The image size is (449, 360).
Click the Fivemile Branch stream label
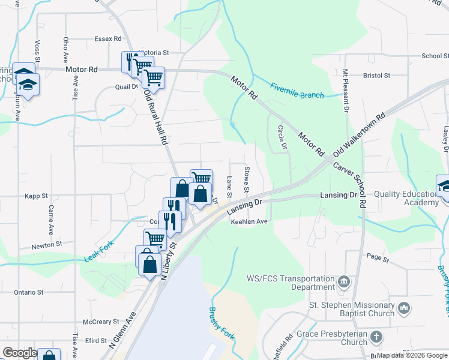pyautogui.click(x=297, y=90)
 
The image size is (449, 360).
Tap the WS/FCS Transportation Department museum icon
pyautogui.click(x=344, y=281)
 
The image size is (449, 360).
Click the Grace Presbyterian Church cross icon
pyautogui.click(x=376, y=337)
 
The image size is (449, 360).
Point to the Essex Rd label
pyautogui.click(x=108, y=38)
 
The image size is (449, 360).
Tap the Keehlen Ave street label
pyautogui.click(x=249, y=221)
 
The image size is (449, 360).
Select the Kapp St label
pyautogui.click(x=36, y=196)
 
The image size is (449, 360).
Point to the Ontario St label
pyautogui.click(x=29, y=292)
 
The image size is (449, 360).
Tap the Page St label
pyautogui.click(x=378, y=259)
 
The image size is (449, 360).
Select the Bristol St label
pyautogui.click(x=377, y=76)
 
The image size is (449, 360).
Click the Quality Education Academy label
pyautogui.click(x=406, y=198)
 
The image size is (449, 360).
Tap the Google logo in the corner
pyautogui.click(x=20, y=353)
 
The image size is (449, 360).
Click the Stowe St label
pyautogui.click(x=246, y=180)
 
